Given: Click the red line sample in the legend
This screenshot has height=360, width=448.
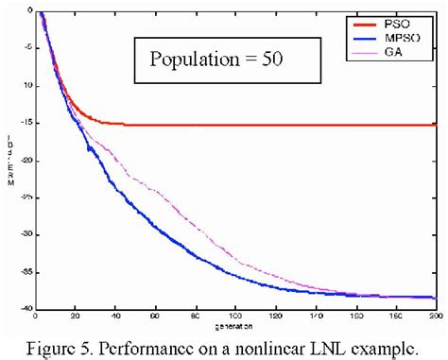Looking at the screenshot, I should pyautogui.click(x=366, y=18).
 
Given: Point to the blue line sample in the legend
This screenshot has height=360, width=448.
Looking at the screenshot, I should pyautogui.click(x=366, y=30).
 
